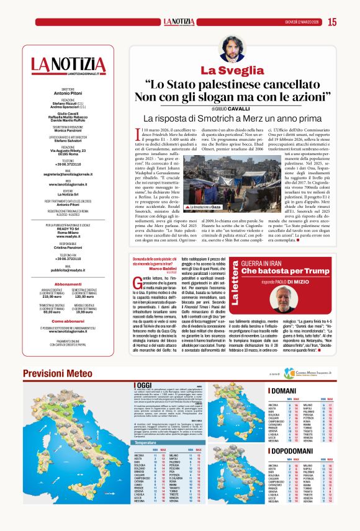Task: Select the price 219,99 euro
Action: pyautogui.click(x=50, y=297)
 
